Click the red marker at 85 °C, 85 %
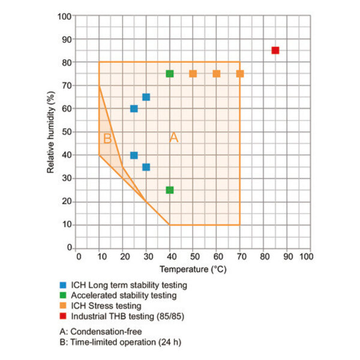pos(275,50)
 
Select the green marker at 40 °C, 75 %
pos(170,74)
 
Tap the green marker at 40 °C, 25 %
pos(170,190)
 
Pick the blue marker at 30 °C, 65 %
pos(146,97)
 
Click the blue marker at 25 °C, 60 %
pos(134,109)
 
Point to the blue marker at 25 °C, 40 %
pos(134,155)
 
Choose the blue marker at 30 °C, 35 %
pos(146,167)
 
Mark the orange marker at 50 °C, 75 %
pos(193,74)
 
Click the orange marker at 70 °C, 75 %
pos(240,74)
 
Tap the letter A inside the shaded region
pos(174,137)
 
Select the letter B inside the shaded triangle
pos(107,139)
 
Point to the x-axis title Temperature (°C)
pos(193,270)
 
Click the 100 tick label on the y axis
pos(65,16)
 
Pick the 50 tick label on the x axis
pos(193,256)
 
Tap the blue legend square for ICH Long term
pos(62,285)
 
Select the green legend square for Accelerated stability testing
pos(62,295)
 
